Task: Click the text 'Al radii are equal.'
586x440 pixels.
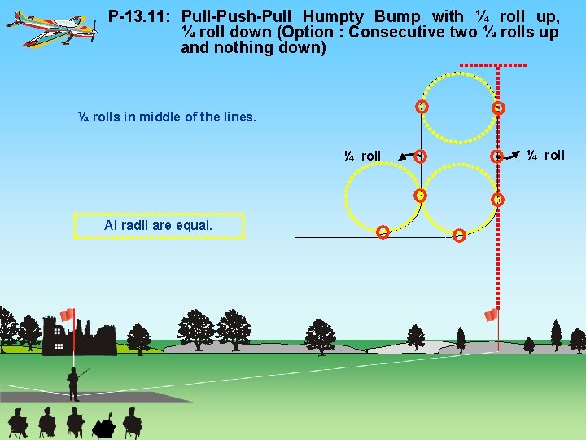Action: pyautogui.click(x=159, y=225)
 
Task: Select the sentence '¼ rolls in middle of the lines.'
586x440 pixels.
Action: pyautogui.click(x=167, y=117)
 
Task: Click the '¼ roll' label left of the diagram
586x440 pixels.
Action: pyautogui.click(x=362, y=156)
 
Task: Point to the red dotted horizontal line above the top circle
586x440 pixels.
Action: pyautogui.click(x=492, y=65)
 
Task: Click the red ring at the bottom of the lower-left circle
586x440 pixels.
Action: pyautogui.click(x=383, y=232)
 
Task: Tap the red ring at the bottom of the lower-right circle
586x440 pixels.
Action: pyautogui.click(x=459, y=235)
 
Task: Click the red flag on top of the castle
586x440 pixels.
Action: pyautogui.click(x=68, y=315)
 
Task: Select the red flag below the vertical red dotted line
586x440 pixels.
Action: pyautogui.click(x=491, y=315)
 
